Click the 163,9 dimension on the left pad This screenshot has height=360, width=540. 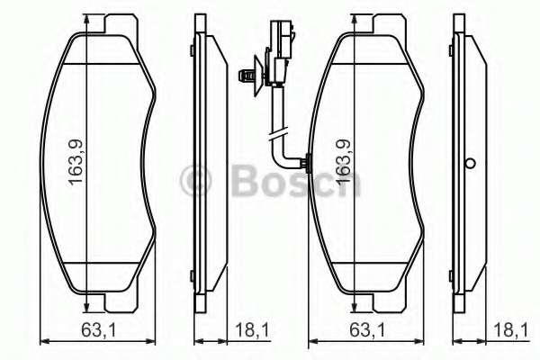tap(76, 162)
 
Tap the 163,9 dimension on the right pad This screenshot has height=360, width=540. tap(343, 162)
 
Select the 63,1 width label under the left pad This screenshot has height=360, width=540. tap(98, 330)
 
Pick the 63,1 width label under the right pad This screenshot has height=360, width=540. tap(367, 330)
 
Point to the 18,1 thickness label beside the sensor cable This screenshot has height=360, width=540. tap(252, 330)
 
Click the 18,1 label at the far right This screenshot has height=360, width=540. tap(510, 330)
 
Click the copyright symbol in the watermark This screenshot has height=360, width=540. tap(195, 181)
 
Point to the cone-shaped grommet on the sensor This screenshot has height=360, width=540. tap(258, 76)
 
